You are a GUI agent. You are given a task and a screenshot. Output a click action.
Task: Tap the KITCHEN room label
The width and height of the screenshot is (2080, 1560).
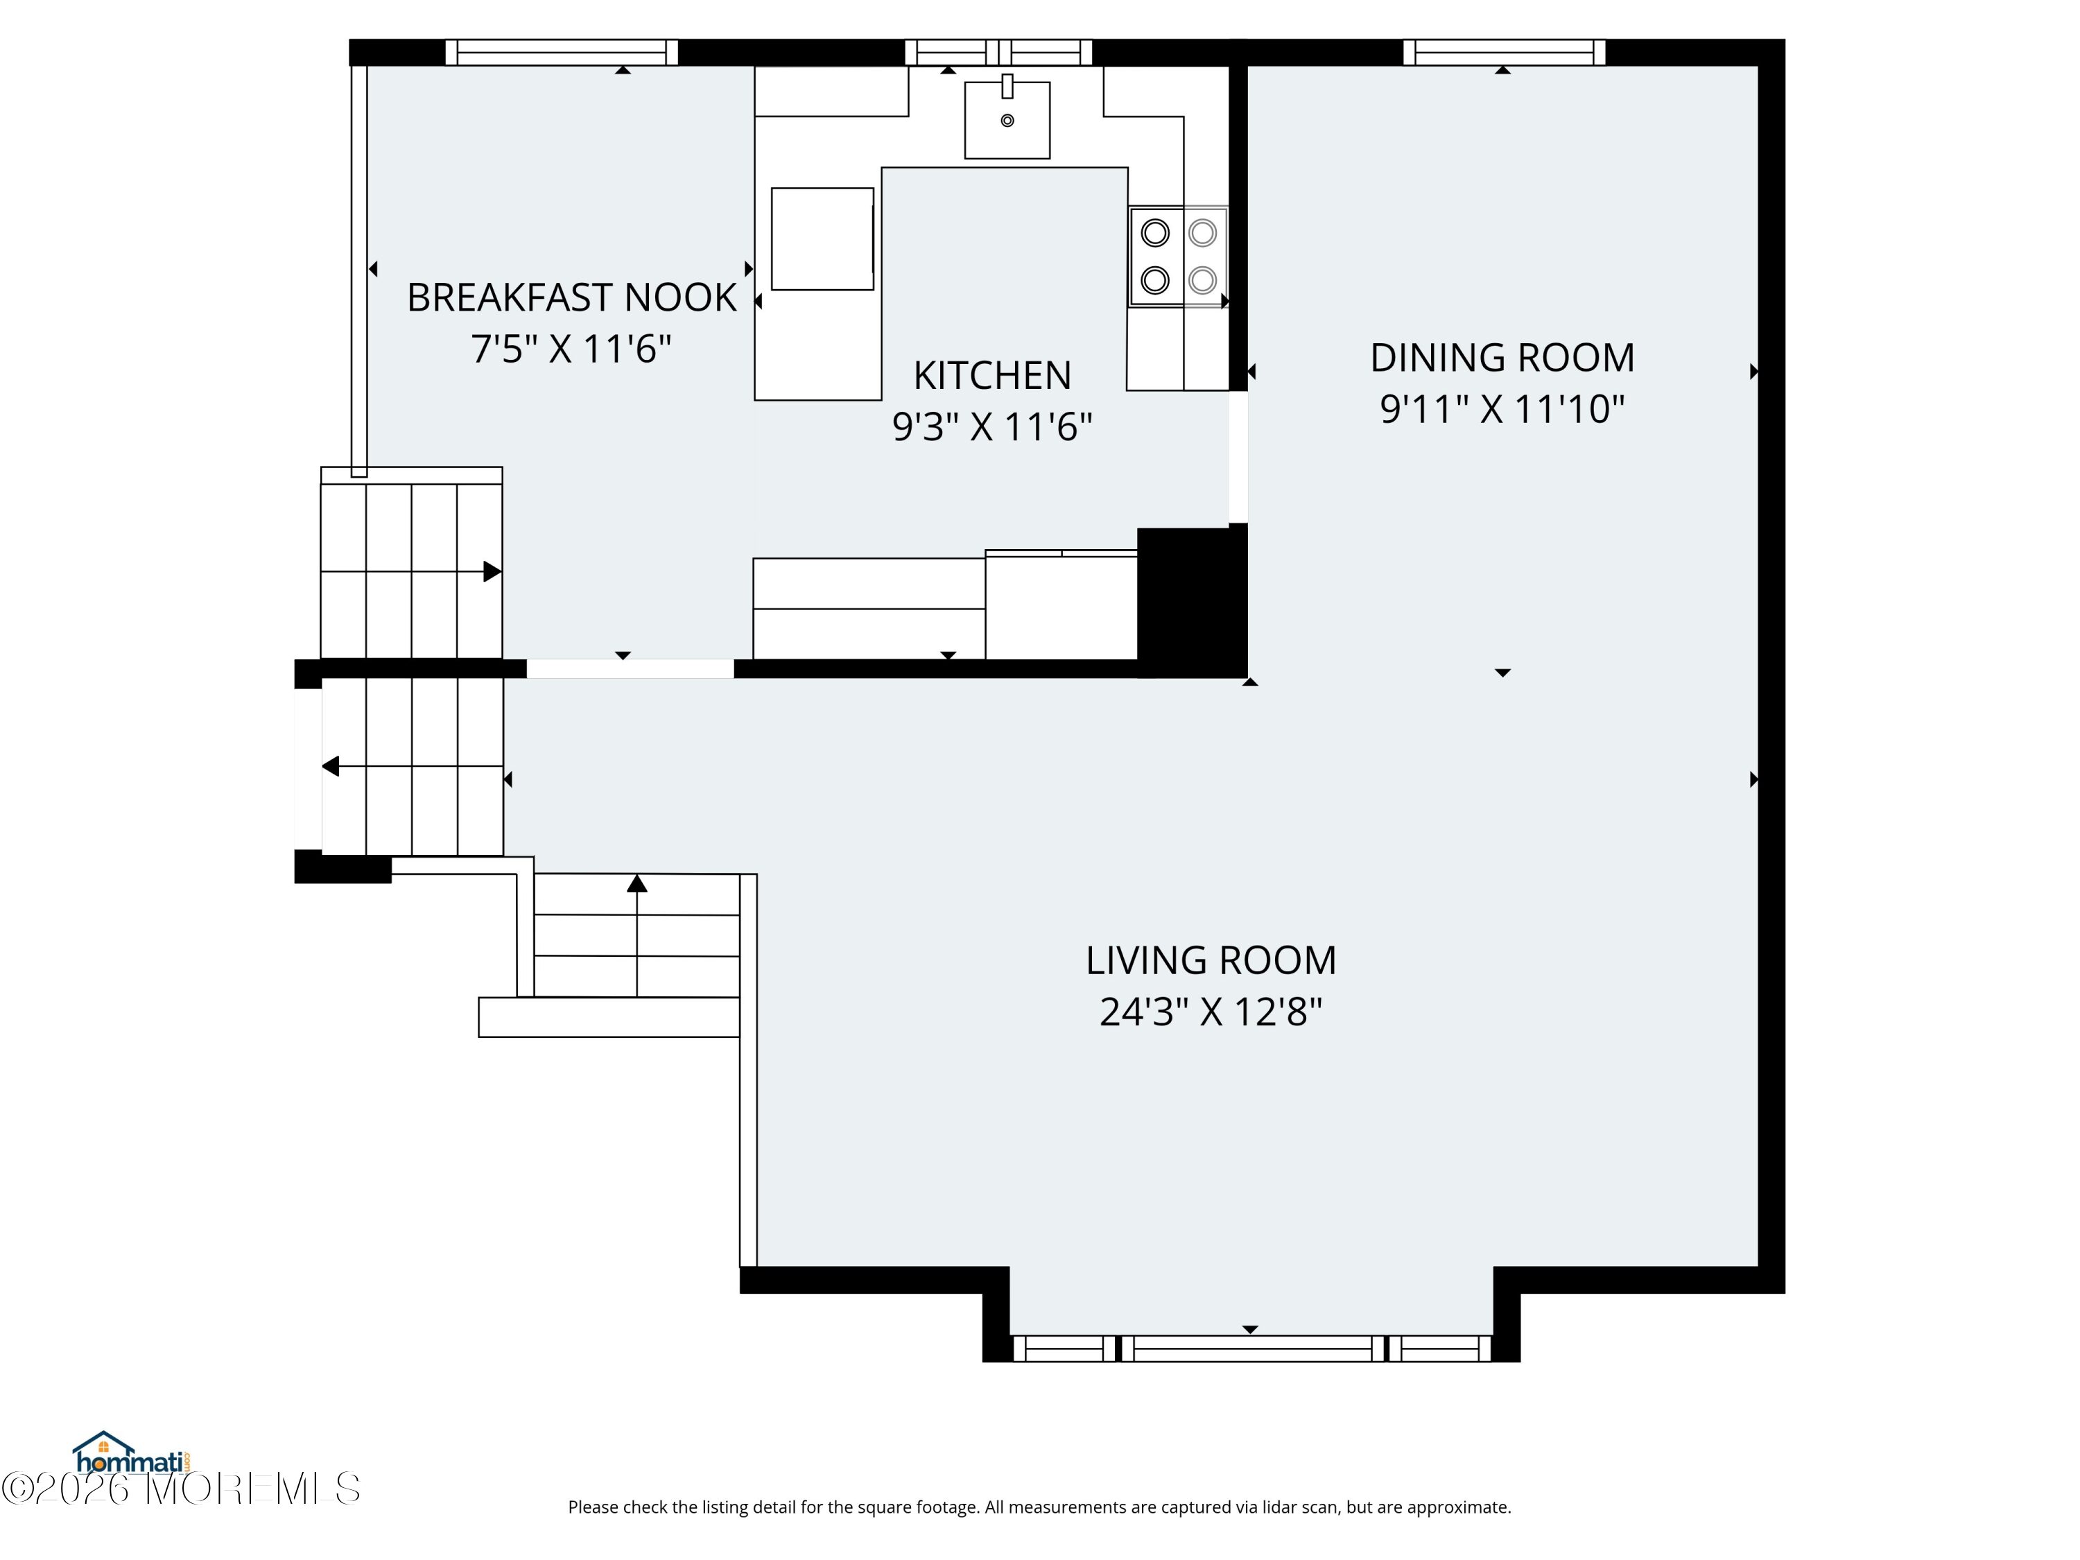(x=992, y=375)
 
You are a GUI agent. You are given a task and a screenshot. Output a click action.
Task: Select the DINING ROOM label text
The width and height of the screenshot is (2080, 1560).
(x=1502, y=357)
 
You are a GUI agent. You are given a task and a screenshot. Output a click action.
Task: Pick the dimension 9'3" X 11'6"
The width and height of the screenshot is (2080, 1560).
(x=992, y=427)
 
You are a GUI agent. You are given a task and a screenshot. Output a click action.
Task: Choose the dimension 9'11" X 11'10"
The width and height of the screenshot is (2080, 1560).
(x=1502, y=409)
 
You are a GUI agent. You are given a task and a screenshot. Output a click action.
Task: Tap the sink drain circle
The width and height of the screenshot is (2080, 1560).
(x=1007, y=121)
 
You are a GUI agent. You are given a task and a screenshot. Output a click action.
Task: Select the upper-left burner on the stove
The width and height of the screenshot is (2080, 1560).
(x=1154, y=232)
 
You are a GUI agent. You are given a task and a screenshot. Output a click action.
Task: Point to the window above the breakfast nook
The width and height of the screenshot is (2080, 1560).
(x=562, y=53)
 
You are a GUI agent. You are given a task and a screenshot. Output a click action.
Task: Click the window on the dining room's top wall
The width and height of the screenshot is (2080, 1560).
(x=1504, y=53)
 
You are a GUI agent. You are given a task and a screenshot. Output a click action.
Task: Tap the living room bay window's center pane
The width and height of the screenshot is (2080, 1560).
(x=1254, y=1349)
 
